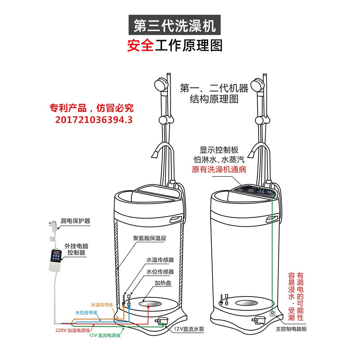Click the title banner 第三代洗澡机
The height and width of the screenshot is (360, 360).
tap(175, 26)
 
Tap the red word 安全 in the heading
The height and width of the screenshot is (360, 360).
tap(140, 46)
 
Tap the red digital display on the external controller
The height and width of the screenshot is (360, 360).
tap(56, 253)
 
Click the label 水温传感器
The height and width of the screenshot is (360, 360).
tap(160, 260)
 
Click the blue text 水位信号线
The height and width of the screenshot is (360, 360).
tap(86, 312)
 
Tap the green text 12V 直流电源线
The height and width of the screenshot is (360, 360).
tap(105, 336)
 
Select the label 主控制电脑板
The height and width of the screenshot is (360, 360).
tap(291, 329)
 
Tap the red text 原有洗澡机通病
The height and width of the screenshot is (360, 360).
tap(219, 170)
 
